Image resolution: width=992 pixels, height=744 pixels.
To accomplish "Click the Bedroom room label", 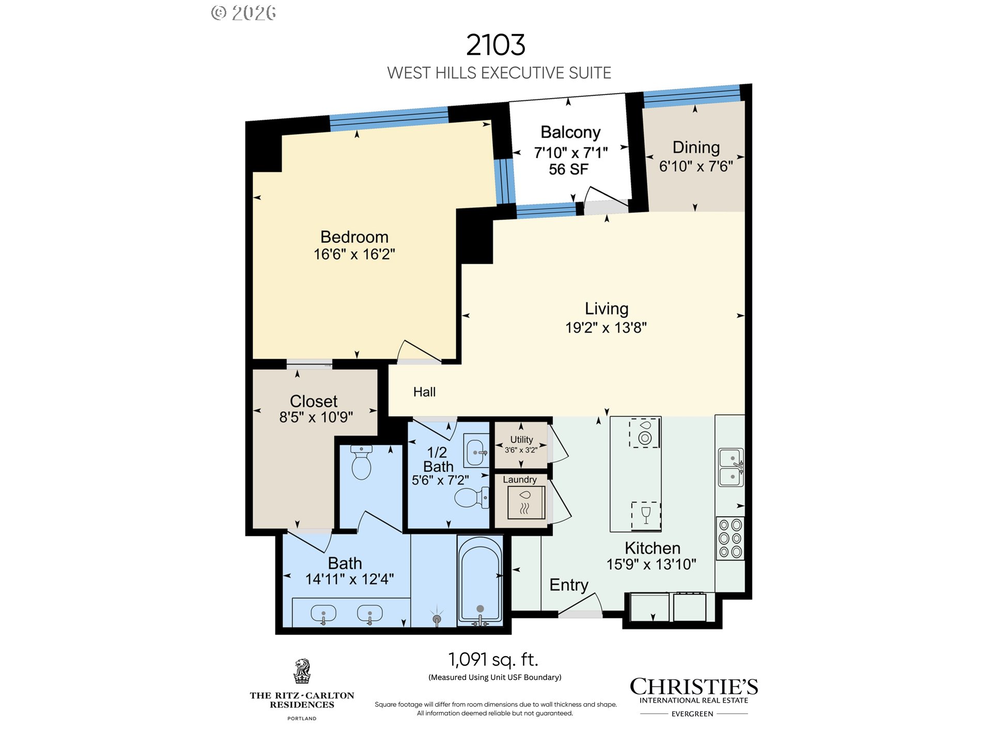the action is click(x=354, y=237).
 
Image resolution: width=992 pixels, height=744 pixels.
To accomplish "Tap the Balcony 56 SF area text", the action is click(x=568, y=169).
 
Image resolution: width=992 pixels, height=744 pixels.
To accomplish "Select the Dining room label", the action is click(x=696, y=148).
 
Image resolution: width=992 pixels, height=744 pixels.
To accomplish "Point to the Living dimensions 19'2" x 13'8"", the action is click(x=606, y=328).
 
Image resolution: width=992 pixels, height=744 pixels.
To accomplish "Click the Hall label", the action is click(x=424, y=392).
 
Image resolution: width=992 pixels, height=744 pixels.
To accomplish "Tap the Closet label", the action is click(x=314, y=401).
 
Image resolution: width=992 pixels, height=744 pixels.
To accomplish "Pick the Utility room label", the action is click(x=521, y=439).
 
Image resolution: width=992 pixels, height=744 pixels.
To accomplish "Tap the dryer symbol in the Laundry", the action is click(x=525, y=502).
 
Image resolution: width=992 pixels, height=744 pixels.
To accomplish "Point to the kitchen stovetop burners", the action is click(x=730, y=538).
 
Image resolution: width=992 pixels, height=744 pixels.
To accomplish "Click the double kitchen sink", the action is click(x=731, y=468).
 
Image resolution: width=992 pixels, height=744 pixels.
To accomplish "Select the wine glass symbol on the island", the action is click(x=646, y=516).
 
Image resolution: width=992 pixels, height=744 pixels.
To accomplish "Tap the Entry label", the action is click(x=569, y=585).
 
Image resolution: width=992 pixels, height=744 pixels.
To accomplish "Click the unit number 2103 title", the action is click(x=496, y=45).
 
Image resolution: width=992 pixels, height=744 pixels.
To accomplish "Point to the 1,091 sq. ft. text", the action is click(x=493, y=659).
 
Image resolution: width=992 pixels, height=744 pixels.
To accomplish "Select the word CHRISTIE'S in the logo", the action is click(x=694, y=687).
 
